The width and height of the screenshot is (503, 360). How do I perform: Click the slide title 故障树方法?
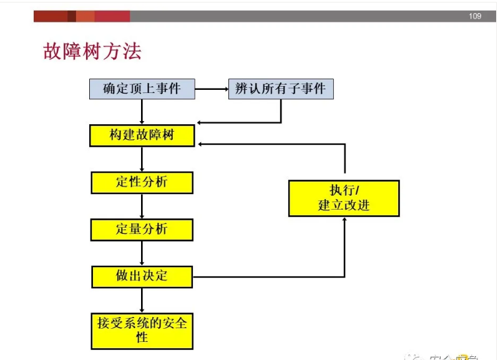(x=92, y=51)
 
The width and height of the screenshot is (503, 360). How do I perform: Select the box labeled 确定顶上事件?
(x=142, y=89)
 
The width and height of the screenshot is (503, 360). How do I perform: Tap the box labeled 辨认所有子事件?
(x=280, y=89)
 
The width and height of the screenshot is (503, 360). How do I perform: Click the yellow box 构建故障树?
(x=142, y=135)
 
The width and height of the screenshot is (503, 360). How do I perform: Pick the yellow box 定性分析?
(x=142, y=182)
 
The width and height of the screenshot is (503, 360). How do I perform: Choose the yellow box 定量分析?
(x=142, y=229)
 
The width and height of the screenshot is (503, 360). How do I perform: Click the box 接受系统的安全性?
(x=142, y=331)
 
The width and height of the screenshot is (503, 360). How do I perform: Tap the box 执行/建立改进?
(x=344, y=198)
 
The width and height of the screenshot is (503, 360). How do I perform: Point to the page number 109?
(x=475, y=16)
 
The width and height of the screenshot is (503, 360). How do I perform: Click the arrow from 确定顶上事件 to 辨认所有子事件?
(x=212, y=89)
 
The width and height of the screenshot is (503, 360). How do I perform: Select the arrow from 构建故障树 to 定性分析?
(x=142, y=159)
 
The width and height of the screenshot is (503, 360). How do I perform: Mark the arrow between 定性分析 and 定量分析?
(x=142, y=206)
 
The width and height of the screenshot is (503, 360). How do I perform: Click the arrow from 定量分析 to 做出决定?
(x=142, y=253)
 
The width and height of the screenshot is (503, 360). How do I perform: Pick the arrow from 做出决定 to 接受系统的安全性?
(x=142, y=300)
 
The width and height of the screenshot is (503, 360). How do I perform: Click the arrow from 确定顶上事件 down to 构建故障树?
(x=142, y=112)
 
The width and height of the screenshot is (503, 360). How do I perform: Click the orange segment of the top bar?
(x=85, y=16)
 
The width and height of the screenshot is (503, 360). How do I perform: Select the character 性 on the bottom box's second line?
(x=142, y=338)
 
